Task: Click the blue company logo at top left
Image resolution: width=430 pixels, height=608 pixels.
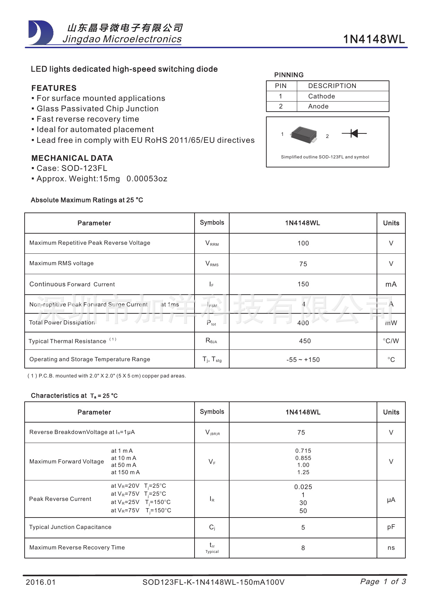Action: click(x=41, y=33)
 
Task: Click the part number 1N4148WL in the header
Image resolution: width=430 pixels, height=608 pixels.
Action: click(x=373, y=39)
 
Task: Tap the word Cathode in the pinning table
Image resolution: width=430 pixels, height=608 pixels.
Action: click(x=321, y=96)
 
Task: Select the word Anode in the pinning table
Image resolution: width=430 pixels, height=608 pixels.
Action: click(x=318, y=106)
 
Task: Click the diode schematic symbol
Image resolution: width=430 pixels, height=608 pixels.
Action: click(x=354, y=133)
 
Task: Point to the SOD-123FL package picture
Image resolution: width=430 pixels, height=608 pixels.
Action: click(x=304, y=135)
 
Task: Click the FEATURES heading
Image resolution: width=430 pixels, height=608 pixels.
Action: click(x=54, y=88)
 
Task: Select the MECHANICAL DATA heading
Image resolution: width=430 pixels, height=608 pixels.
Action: click(x=72, y=158)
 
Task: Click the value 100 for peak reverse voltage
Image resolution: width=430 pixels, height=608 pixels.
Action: click(x=303, y=243)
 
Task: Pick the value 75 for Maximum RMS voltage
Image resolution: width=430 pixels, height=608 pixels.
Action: click(x=303, y=264)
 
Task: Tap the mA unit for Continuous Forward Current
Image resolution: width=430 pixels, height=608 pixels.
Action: click(x=391, y=284)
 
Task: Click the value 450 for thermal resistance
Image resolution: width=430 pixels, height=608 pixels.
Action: click(x=305, y=341)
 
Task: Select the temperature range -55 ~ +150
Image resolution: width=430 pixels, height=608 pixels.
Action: click(x=303, y=360)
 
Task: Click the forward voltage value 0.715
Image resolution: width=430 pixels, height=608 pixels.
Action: click(x=303, y=451)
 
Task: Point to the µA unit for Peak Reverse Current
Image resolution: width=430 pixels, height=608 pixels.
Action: click(x=391, y=500)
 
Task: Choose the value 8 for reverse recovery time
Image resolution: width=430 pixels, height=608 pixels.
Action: click(x=303, y=548)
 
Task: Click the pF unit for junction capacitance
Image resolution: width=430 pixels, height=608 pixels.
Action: click(x=391, y=527)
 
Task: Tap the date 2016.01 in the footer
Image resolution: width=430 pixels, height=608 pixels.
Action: click(x=41, y=582)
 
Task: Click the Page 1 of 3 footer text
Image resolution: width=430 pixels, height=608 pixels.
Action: click(x=383, y=582)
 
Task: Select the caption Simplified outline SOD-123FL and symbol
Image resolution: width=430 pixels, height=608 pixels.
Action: click(x=325, y=157)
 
